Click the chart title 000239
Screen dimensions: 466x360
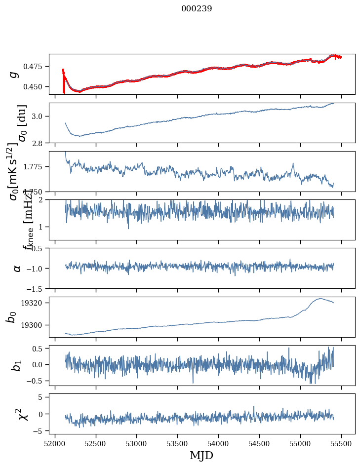(197, 8)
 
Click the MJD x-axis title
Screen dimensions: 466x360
(201, 456)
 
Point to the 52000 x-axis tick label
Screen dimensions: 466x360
(55, 443)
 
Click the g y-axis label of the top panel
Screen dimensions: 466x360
(14, 74)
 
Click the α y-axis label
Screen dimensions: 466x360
(17, 268)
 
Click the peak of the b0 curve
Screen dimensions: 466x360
(321, 298)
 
